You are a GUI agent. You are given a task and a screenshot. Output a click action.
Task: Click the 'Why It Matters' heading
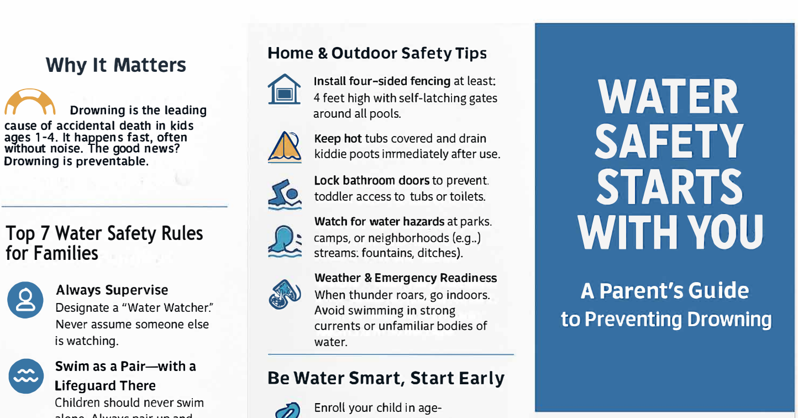click(x=116, y=65)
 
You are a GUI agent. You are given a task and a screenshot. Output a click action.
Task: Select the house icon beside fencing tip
click(x=284, y=90)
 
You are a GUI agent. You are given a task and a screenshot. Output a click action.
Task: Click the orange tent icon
click(x=284, y=147)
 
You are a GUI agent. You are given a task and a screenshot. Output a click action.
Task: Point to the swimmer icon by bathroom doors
click(x=284, y=195)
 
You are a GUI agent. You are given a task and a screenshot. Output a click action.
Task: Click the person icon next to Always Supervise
click(x=25, y=300)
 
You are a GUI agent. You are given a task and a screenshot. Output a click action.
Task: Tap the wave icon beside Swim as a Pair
click(x=25, y=375)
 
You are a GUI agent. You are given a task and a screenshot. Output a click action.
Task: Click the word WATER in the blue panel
click(x=668, y=98)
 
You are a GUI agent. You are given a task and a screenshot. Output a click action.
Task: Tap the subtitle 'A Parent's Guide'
click(x=665, y=291)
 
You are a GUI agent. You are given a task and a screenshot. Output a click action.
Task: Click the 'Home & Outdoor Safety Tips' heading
click(x=377, y=53)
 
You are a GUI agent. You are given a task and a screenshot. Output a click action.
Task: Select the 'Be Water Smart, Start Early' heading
click(x=386, y=378)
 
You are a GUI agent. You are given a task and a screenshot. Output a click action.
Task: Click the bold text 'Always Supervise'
click(x=112, y=290)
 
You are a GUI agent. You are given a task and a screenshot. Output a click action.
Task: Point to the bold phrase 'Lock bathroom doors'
click(x=371, y=180)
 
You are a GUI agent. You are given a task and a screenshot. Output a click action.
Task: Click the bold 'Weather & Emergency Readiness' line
click(x=405, y=278)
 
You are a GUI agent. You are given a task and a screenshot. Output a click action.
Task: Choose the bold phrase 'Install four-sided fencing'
click(x=382, y=81)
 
